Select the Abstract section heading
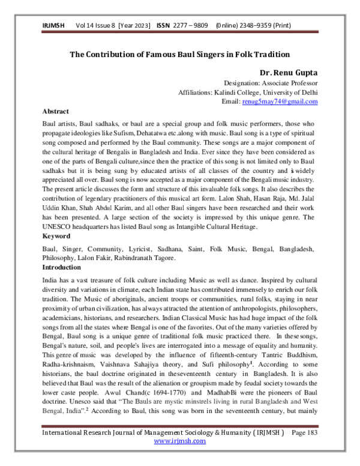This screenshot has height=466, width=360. pyautogui.click(x=56, y=112)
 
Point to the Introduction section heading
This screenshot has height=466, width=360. pyautogui.click(x=62, y=267)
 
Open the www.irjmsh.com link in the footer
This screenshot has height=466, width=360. pyautogui.click(x=180, y=457)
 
